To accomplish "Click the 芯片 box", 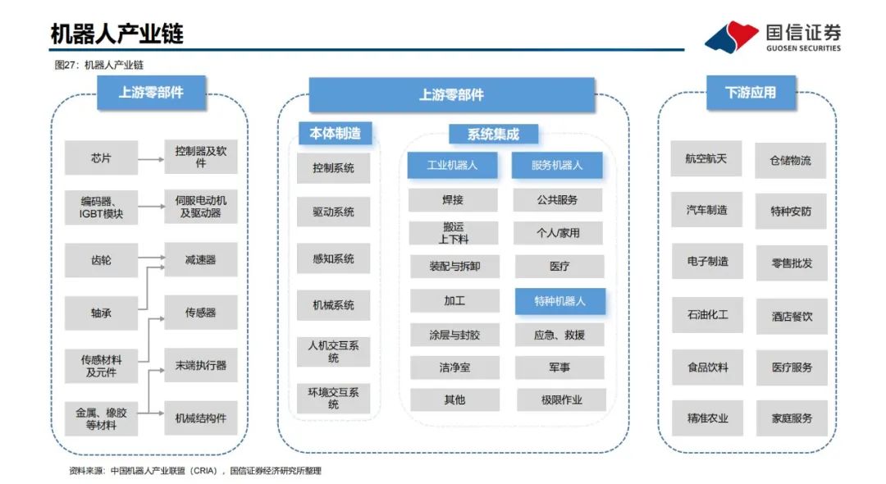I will [101, 158].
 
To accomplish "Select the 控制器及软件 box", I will [201, 157].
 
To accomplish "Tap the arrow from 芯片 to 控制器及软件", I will [151, 158].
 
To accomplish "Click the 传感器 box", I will [201, 313].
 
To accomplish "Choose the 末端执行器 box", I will [201, 365].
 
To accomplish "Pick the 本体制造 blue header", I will [335, 133].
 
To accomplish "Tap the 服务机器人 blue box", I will [557, 165].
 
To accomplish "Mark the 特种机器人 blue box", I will [560, 301].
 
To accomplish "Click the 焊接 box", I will [453, 199].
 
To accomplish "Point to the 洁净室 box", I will [454, 368].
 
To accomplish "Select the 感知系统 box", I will [334, 258].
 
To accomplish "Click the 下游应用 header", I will [751, 93].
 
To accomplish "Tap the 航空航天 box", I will [706, 158].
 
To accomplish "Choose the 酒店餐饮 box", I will [792, 316].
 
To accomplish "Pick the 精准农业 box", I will [707, 418].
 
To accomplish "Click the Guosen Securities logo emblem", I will [731, 37].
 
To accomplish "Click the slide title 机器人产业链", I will [117, 34].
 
